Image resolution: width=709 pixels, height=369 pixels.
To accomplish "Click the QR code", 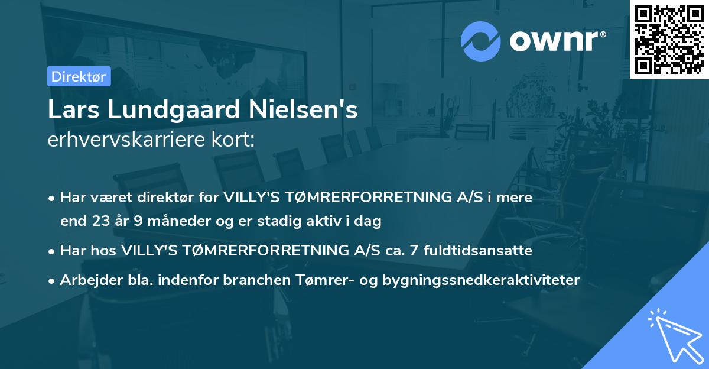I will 669,40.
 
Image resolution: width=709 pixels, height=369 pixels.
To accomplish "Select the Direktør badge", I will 79,76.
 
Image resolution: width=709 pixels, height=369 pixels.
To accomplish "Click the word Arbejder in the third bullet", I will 86,280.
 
